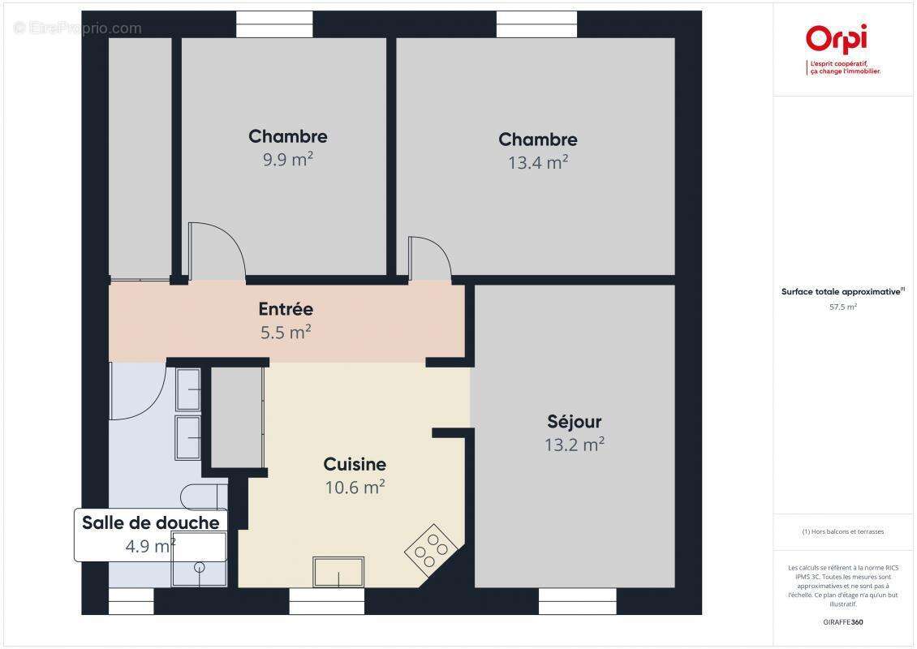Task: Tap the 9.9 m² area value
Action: click(x=287, y=159)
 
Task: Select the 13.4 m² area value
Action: click(x=537, y=162)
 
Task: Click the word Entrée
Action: click(x=286, y=309)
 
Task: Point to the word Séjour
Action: click(x=574, y=422)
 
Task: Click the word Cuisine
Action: click(x=355, y=465)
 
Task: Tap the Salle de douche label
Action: click(x=150, y=522)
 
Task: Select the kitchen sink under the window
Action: click(x=338, y=571)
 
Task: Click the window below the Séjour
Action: click(x=578, y=601)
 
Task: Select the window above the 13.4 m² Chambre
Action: click(x=536, y=24)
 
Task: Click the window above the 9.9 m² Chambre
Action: click(x=274, y=24)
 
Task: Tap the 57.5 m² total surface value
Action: click(x=843, y=307)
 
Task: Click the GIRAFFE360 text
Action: click(x=843, y=620)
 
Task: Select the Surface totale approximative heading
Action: click(x=842, y=291)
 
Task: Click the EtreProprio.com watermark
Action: click(x=78, y=28)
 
